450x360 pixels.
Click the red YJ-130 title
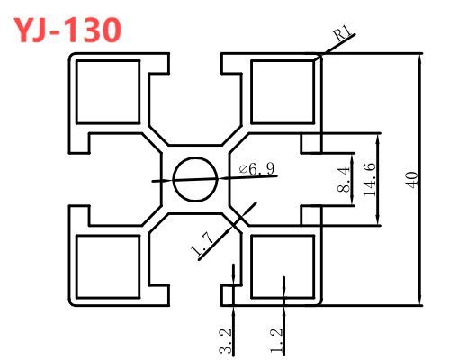(67, 30)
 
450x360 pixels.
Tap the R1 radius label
(343, 33)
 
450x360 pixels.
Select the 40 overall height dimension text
(413, 180)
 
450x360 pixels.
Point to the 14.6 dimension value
(370, 179)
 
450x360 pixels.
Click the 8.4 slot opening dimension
(344, 179)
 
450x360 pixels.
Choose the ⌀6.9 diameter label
(256, 169)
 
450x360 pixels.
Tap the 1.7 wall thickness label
(202, 245)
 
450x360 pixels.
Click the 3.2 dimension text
(226, 341)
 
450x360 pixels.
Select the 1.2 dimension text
(276, 340)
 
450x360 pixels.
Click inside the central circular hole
(195, 179)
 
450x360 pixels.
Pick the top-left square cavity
(108, 92)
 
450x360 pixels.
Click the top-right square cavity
(283, 92)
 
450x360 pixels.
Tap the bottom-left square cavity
(108, 267)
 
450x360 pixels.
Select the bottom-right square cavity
(283, 267)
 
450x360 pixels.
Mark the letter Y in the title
(24, 31)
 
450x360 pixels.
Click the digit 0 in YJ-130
(110, 31)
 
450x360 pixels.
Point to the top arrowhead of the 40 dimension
(420, 59)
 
